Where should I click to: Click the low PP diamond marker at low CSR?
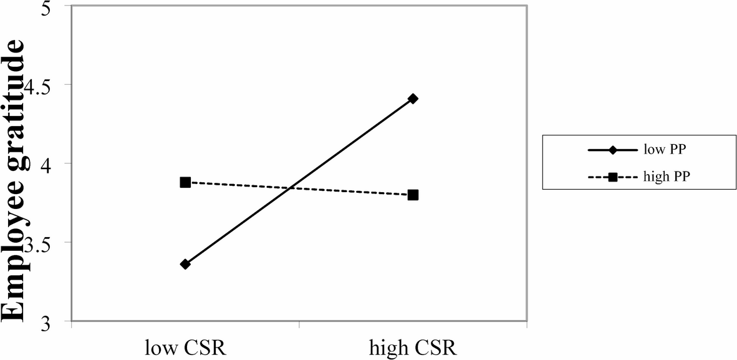pos(185,264)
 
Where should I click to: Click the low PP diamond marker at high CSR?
pos(413,99)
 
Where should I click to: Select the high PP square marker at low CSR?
pos(185,182)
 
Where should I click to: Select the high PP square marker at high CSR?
pos(413,195)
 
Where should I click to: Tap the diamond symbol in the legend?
pos(612,150)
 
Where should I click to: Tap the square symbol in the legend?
pos(612,177)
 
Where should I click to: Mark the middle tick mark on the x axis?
pos(300,324)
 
